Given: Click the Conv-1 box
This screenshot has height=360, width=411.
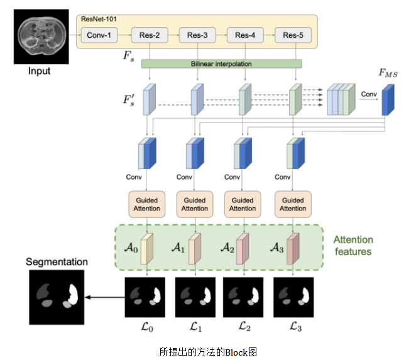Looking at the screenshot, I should (x=99, y=35).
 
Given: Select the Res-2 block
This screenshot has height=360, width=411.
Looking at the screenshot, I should (x=149, y=35).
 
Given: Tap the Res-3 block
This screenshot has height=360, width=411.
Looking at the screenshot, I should (x=197, y=35).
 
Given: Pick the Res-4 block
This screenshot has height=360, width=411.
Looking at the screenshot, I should (x=244, y=35).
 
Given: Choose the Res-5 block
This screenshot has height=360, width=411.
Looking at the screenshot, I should (x=293, y=35).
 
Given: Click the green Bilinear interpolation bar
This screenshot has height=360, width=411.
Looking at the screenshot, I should (x=221, y=64).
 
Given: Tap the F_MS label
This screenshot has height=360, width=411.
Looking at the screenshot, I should (x=388, y=74).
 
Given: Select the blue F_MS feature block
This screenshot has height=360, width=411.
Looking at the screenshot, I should (x=388, y=101).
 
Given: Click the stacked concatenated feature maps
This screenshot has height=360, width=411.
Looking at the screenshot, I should (x=341, y=101).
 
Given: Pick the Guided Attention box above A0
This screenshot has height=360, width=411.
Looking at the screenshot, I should (x=146, y=204).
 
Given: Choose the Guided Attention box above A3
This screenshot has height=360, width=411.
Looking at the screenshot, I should (x=292, y=204).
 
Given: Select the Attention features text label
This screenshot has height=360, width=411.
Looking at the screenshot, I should (x=353, y=246).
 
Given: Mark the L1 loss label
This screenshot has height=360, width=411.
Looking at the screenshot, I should (x=196, y=326).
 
